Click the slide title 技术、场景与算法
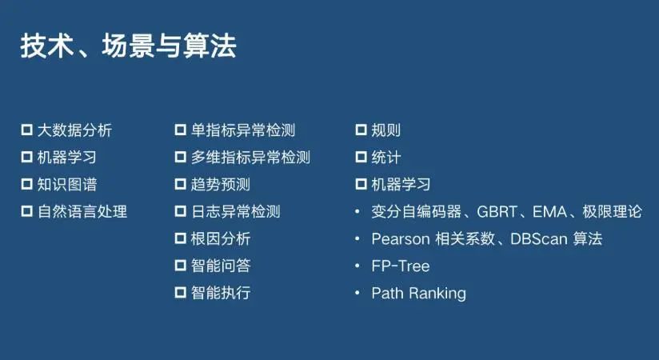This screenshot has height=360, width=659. [x=128, y=46]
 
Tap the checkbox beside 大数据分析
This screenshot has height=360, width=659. [x=27, y=130]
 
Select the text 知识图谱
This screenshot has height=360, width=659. [x=67, y=184]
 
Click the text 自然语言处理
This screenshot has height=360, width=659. [x=82, y=211]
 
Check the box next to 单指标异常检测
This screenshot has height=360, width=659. [x=180, y=130]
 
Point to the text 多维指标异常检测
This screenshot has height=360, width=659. [x=250, y=158]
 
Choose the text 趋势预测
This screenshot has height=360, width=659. [x=221, y=184]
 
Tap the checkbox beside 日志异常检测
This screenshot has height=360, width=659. [x=180, y=211]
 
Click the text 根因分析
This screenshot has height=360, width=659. [x=221, y=238]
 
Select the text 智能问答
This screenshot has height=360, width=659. [x=221, y=266]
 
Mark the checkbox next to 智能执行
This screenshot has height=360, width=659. [x=180, y=292]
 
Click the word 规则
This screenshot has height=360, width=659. [x=385, y=130]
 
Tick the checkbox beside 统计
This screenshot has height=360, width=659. [x=361, y=157]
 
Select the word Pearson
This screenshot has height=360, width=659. [x=401, y=239]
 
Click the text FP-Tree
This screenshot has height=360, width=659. [x=401, y=266]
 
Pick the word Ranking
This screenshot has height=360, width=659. [x=437, y=293]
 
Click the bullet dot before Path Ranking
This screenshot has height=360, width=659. [x=357, y=293]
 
